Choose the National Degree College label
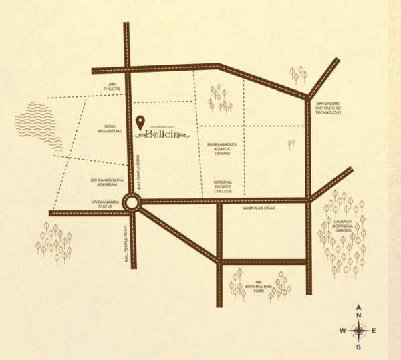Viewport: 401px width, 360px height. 223,186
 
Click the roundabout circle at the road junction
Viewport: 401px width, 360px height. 130,208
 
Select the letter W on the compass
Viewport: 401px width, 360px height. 343,331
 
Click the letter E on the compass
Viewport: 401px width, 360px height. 374,331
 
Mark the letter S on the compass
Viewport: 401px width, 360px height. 359,347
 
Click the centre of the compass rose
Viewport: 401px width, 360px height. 359,330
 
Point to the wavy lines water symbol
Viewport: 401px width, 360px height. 40,127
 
